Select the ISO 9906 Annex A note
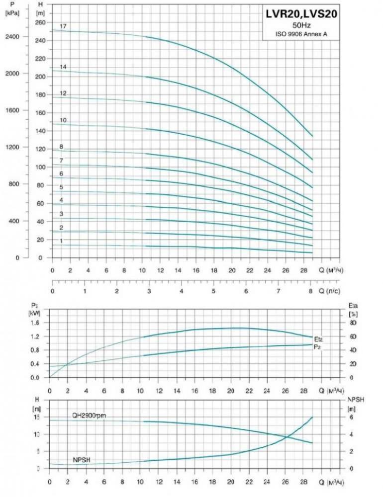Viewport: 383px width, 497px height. (x=301, y=34)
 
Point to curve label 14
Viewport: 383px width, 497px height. (x=63, y=67)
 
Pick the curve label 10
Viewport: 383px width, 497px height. (x=63, y=120)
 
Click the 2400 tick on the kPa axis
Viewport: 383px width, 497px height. (x=13, y=37)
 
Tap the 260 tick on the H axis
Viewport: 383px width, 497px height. (x=40, y=23)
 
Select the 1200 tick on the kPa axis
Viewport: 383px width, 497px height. (x=13, y=147)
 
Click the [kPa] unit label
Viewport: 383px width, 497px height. (x=12, y=13)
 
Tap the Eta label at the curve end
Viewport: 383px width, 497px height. (x=319, y=339)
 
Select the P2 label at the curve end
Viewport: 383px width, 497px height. (x=317, y=346)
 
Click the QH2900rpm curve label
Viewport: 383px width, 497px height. (x=90, y=415)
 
